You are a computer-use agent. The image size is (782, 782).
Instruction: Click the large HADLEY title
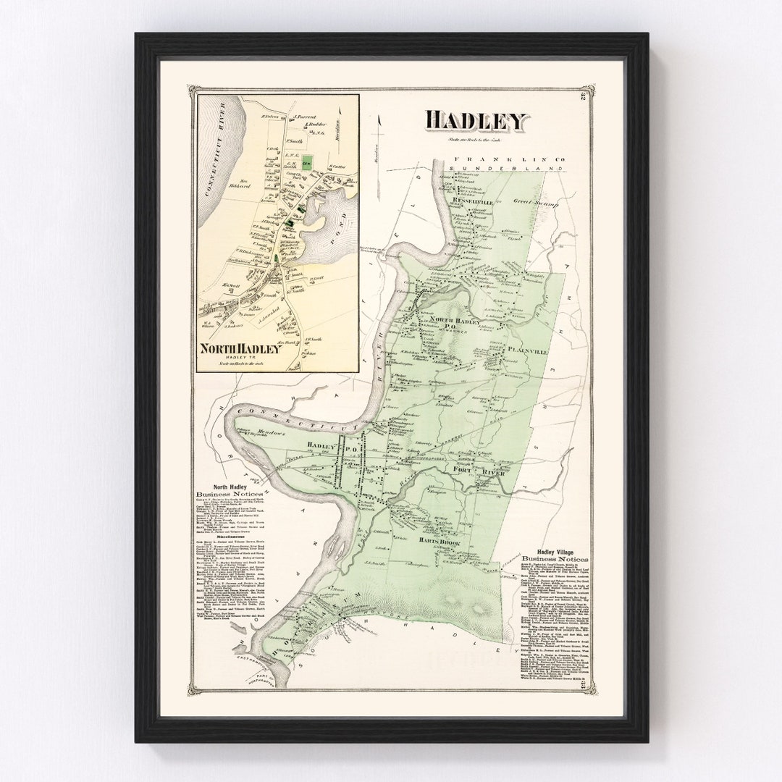pyautogui.click(x=476, y=122)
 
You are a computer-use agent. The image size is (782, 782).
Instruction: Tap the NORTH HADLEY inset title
pyautogui.click(x=240, y=348)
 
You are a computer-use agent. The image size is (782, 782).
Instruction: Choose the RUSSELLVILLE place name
pyautogui.click(x=472, y=202)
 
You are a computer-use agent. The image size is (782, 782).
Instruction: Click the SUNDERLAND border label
pyautogui.click(x=505, y=169)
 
